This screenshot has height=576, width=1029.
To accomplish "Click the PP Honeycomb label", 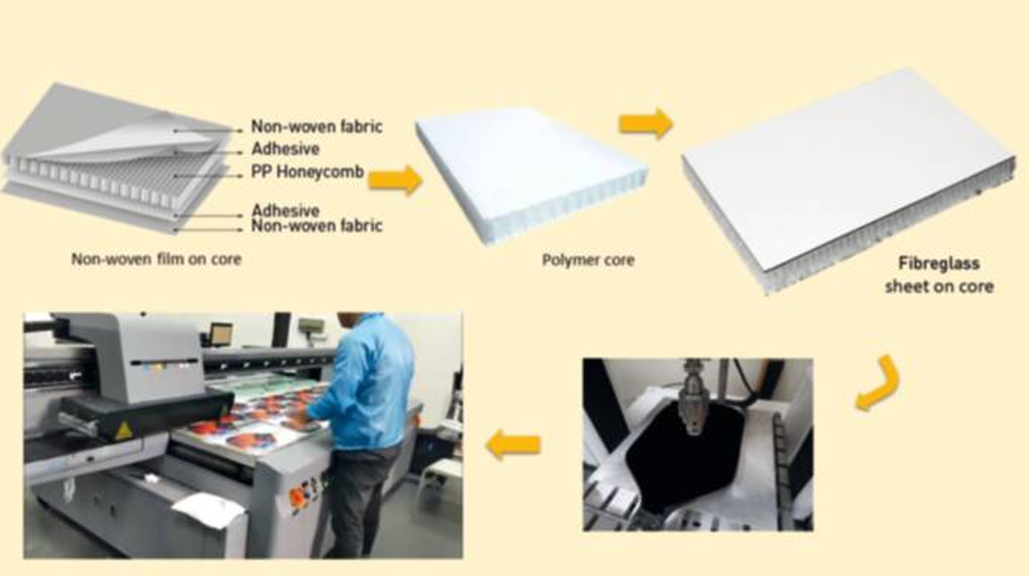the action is point(307,172).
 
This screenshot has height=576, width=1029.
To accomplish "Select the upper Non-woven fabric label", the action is point(317,126).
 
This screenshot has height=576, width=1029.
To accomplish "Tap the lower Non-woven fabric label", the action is point(317,225).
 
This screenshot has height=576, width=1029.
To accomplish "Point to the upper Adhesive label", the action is point(286,149).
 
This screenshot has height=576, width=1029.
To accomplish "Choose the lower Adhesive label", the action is point(286,211).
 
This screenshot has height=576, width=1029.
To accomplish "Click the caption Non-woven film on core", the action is point(156,259).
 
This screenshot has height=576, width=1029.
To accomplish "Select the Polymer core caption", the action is point(588,259).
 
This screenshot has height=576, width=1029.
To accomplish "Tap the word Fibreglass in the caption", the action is point(939,264).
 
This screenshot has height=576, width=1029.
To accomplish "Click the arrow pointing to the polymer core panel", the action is point(394,180).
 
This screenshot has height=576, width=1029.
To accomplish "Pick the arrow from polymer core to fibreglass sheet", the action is point(646,122).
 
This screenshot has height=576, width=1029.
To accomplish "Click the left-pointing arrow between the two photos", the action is point(513,445).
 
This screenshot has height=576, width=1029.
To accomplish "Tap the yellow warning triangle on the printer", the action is point(123,430).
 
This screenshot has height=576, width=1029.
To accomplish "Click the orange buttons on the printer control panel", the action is point(298,496).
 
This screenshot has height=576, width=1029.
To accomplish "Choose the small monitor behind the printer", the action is point(222,334).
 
